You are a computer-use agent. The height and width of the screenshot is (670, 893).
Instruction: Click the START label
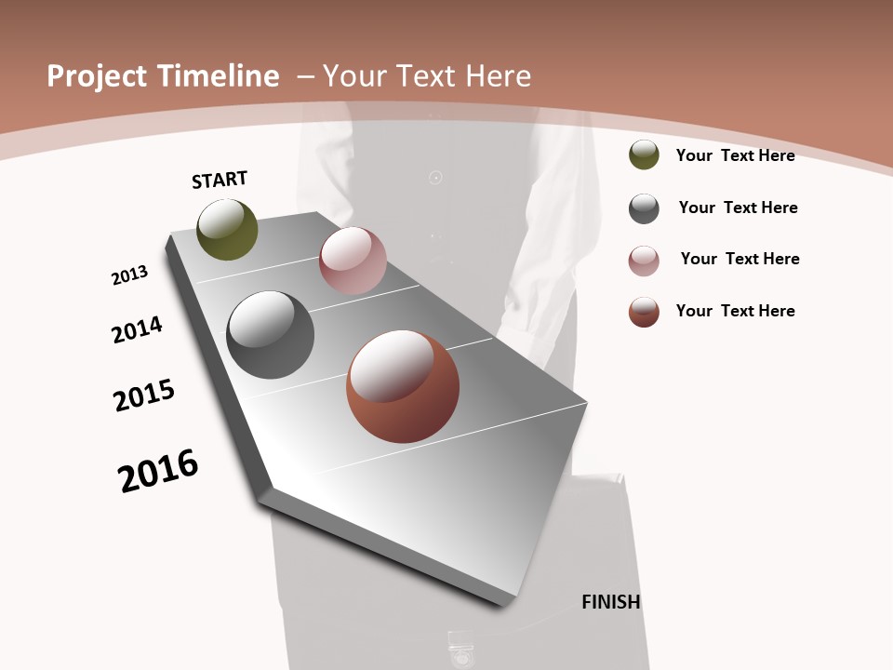click(x=220, y=180)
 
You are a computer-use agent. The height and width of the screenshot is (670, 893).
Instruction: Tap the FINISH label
click(x=610, y=602)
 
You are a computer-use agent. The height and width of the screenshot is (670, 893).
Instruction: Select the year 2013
click(x=130, y=275)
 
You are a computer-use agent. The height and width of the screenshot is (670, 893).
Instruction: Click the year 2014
click(x=137, y=329)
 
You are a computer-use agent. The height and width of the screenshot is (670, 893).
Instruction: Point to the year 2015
click(x=144, y=395)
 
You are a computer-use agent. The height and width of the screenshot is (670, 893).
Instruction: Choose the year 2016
click(x=158, y=471)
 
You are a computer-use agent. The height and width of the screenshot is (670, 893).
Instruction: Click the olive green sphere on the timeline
click(x=227, y=230)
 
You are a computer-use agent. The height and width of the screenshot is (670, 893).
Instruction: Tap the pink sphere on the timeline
click(x=353, y=261)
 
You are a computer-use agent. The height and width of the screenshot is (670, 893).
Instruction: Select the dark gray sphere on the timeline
click(x=270, y=335)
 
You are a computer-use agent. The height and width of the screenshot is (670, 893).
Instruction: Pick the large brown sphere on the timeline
click(x=402, y=386)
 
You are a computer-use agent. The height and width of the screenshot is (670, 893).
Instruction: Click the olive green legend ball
click(x=644, y=154)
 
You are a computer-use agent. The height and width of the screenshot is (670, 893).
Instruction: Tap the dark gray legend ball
click(x=644, y=208)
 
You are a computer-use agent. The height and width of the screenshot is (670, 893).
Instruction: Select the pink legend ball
click(x=644, y=261)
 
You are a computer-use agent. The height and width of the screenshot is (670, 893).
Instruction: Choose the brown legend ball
click(x=644, y=312)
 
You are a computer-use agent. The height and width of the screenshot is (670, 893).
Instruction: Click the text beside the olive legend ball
click(x=735, y=155)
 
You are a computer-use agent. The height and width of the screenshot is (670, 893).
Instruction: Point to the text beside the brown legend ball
click(x=735, y=311)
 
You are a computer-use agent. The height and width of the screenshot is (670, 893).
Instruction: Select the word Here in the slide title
click(x=500, y=76)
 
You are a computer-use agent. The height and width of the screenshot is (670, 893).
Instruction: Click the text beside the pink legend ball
click(x=740, y=259)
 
